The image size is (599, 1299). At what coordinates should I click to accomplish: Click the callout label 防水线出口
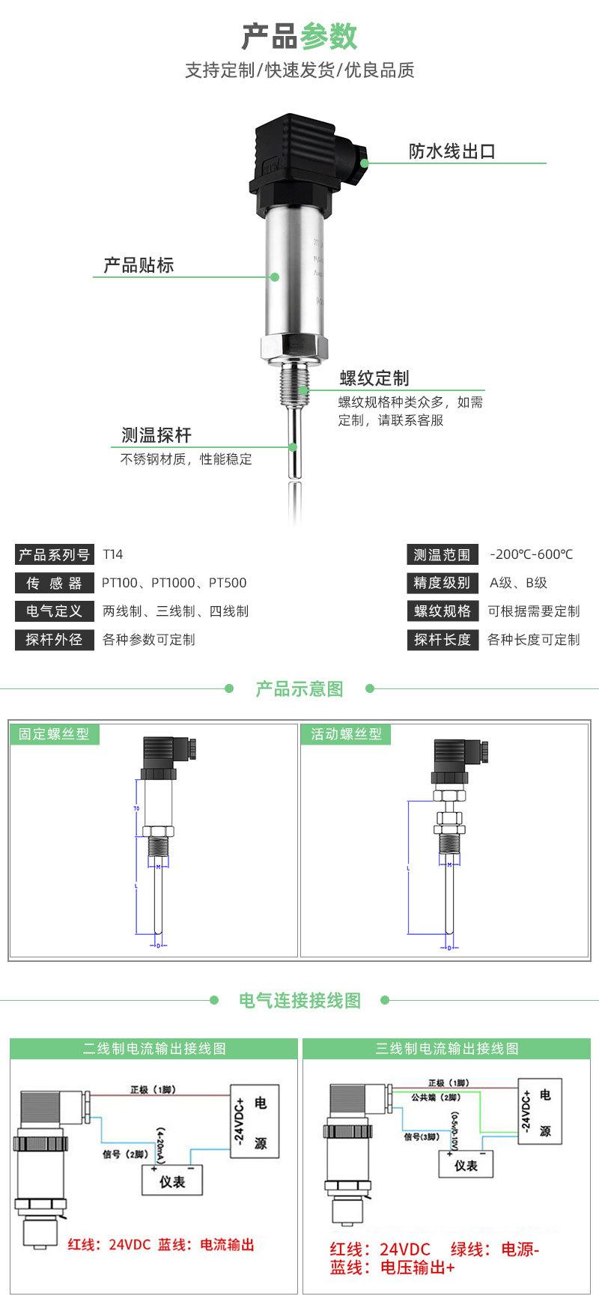(451, 151)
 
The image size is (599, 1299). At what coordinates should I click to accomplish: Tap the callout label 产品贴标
(139, 265)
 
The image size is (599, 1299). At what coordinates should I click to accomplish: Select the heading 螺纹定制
(374, 378)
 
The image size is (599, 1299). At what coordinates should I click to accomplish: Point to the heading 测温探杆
(156, 435)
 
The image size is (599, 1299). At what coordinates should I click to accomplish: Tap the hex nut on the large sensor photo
(294, 347)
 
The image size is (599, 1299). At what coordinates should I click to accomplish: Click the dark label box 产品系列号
(54, 555)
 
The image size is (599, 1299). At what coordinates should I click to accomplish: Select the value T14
(112, 555)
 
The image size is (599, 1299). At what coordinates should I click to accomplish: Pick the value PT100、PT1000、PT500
(174, 583)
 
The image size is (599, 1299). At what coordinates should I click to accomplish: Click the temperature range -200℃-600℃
(531, 555)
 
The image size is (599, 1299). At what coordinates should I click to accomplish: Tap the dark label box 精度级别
(443, 583)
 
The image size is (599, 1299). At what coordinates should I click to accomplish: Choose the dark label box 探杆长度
(443, 640)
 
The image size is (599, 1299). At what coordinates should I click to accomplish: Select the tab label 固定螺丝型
(54, 734)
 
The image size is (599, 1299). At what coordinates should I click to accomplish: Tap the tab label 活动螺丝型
(346, 734)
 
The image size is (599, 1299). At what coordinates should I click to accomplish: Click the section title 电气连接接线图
(299, 1000)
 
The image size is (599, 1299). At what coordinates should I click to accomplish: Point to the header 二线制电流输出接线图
(154, 1049)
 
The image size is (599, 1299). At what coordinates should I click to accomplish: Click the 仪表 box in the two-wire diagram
(172, 1181)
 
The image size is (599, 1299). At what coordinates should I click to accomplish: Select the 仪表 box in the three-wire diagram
(466, 1166)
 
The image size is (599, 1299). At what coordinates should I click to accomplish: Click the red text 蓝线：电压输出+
(392, 1268)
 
